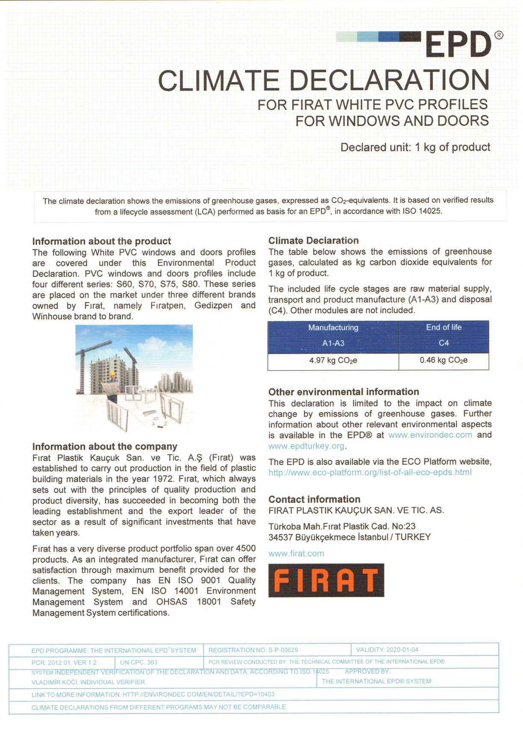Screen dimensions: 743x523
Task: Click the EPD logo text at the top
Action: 458,44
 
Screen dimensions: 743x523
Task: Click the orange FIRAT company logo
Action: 326,580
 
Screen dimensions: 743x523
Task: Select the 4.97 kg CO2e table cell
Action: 333,361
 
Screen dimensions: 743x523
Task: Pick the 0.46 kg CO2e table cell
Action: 444,361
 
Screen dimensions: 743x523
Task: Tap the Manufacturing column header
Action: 333,328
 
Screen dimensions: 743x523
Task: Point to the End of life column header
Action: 444,328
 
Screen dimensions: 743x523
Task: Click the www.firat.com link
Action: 296,554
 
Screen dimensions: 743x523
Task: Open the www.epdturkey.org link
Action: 306,446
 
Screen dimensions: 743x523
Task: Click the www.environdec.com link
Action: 430,435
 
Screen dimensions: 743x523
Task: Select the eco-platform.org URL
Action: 370,473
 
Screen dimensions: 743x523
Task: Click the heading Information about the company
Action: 105,447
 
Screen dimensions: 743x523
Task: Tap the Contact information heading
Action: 314,499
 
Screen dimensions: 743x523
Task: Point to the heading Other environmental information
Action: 344,392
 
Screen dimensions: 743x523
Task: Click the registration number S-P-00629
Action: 283,650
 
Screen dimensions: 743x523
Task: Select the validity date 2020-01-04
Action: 402,650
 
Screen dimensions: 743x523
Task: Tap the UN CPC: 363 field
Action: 139,663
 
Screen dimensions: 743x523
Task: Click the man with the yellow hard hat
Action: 113,385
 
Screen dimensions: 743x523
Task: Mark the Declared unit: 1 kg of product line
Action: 415,148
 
